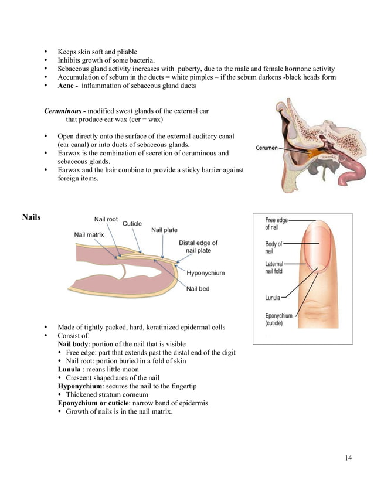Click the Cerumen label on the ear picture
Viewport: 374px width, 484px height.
point(267,148)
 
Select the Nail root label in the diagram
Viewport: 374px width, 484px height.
point(106,220)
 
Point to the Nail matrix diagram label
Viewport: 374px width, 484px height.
point(89,234)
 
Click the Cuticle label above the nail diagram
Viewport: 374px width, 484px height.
point(132,224)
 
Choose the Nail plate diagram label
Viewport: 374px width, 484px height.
point(164,230)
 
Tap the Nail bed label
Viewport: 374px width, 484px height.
point(198,288)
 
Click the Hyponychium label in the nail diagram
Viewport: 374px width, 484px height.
point(205,273)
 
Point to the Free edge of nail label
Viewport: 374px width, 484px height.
point(276,224)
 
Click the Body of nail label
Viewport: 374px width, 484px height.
point(273,247)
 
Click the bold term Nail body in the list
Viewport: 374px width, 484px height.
point(76,344)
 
